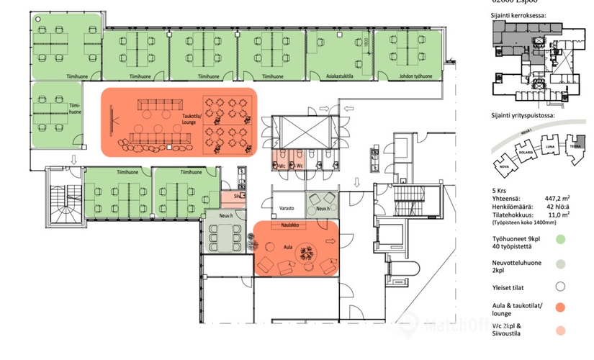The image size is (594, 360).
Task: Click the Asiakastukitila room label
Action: [338, 76]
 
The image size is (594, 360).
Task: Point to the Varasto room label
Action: [288, 209]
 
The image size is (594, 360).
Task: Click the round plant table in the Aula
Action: [308, 252]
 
